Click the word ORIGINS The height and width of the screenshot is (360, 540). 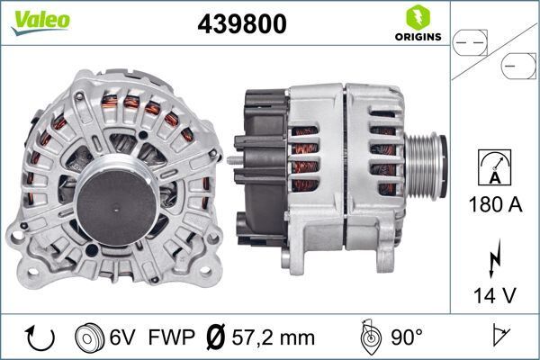(x=418, y=37)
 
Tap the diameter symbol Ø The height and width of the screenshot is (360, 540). (x=216, y=337)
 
